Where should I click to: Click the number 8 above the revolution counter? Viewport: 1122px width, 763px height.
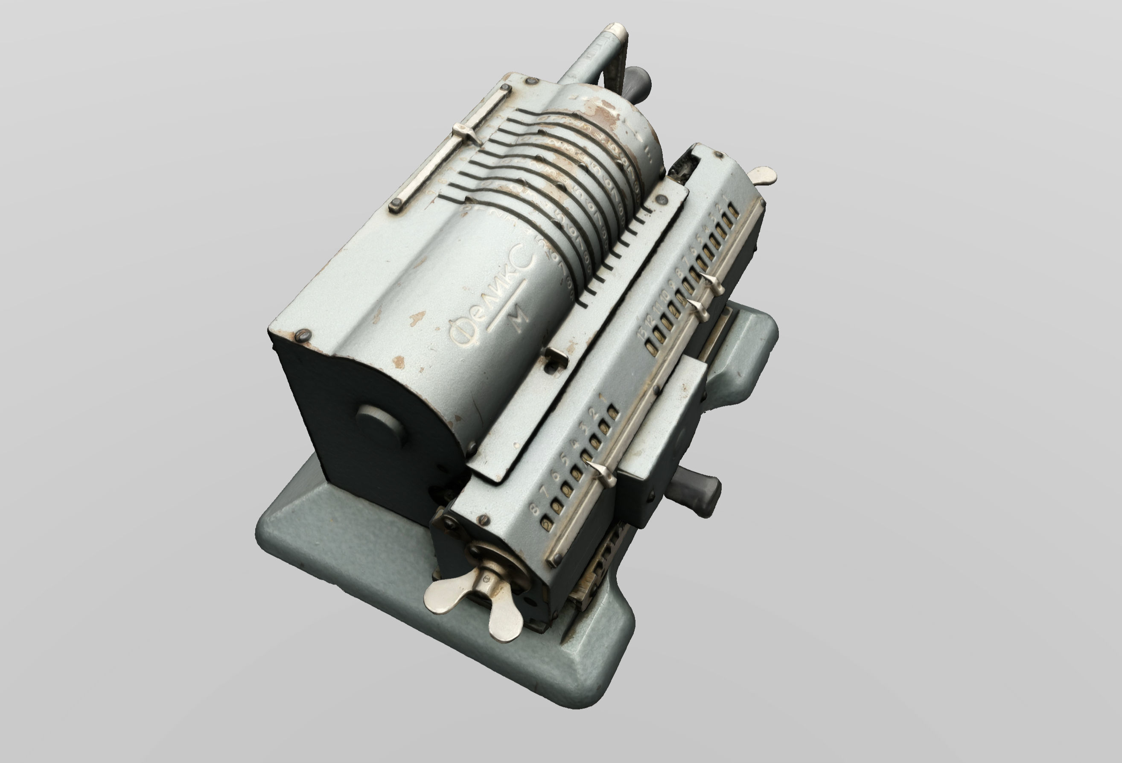click(x=534, y=509)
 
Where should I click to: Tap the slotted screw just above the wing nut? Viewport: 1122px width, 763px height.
click(x=483, y=520)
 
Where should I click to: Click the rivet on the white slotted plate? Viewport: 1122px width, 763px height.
click(x=661, y=199)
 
